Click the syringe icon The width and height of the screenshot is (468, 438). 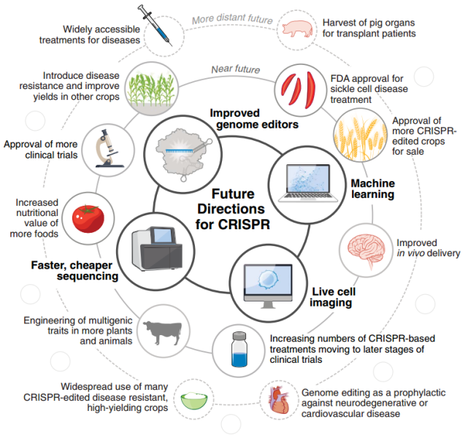pos(155,25)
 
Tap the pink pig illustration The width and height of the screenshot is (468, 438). pos(298,28)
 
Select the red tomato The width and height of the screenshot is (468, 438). pos(88,218)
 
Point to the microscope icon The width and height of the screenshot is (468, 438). pos(107,149)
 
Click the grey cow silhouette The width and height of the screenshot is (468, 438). pos(163,331)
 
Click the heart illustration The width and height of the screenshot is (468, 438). pos(279,400)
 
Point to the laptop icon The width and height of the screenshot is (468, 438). pos(308,183)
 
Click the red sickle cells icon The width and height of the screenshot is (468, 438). pos(299,90)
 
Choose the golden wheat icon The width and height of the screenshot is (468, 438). pos(360,136)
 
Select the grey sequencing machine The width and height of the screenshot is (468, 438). pos(157,248)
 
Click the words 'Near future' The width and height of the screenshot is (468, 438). pos(236,69)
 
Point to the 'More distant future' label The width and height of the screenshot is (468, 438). pos(232,19)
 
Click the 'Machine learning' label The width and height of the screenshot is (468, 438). pos(373,188)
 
